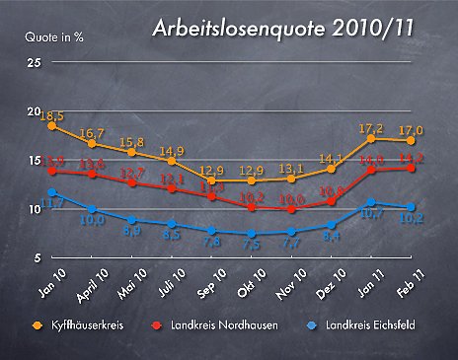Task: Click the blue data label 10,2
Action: point(412,220)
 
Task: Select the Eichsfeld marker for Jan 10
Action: point(52,192)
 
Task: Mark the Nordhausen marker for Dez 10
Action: point(332,201)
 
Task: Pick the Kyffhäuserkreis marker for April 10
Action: point(92,144)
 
